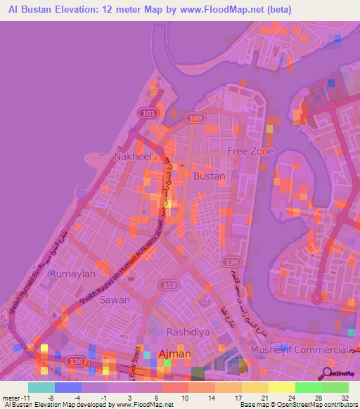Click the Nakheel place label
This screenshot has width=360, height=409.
(133, 156)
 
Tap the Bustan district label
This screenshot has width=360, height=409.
(210, 176)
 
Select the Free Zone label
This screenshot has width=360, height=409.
(248, 152)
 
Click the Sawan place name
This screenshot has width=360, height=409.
(115, 299)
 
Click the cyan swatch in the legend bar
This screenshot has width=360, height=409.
(41, 387)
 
